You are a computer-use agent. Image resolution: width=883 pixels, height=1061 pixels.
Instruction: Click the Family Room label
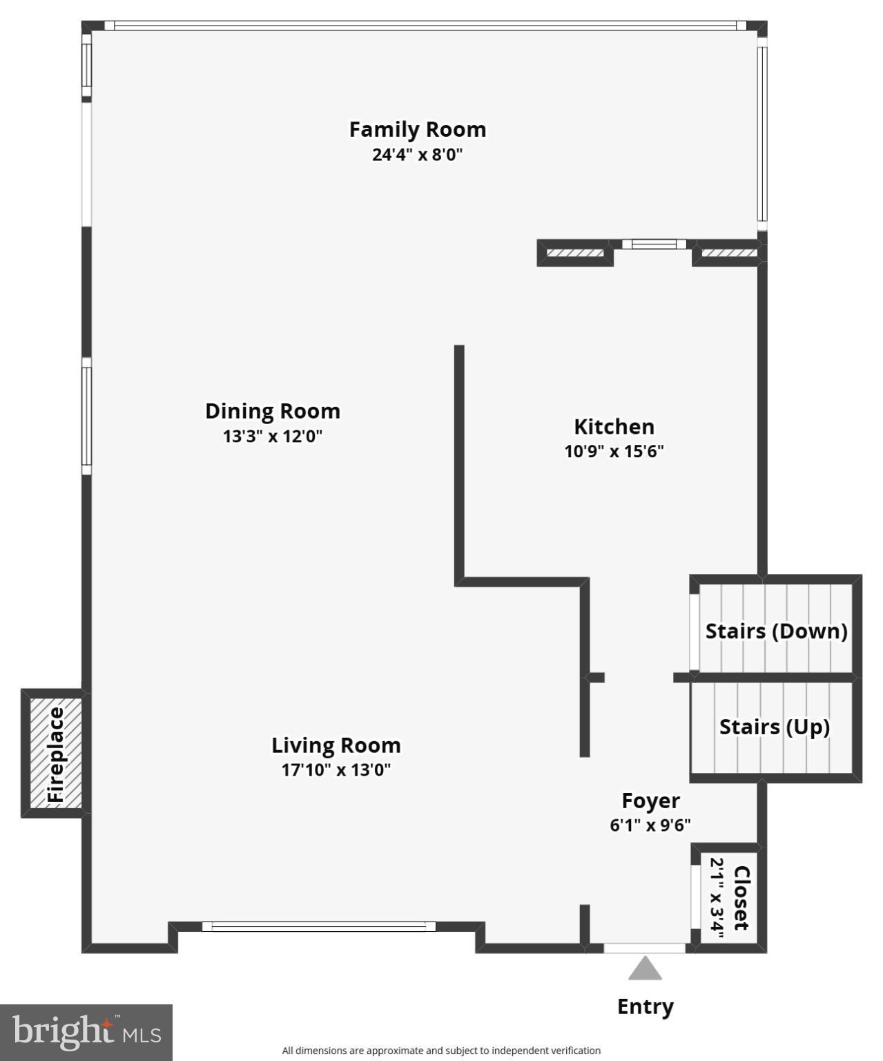point(417,129)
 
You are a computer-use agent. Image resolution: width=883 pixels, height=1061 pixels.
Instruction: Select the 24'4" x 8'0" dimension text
point(417,154)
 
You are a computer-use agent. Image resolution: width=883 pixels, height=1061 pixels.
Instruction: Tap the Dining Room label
point(273,411)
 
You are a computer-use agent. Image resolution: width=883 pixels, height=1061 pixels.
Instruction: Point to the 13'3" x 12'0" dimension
point(273,437)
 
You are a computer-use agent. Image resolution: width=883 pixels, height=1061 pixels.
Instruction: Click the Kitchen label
point(614,426)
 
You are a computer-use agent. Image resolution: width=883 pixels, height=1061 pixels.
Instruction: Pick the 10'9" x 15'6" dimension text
point(614,452)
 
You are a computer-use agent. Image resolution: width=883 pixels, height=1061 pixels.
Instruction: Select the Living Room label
point(336,745)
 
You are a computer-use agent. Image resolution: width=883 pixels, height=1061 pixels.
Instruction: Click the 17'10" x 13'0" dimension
point(336,770)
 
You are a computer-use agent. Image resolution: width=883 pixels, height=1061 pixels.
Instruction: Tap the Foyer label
point(650,801)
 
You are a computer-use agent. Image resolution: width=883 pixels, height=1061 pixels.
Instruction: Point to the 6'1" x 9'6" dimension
point(650,825)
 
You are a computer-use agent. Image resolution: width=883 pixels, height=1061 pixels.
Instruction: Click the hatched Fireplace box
point(55,754)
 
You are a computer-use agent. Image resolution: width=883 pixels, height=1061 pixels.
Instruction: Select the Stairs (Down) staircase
point(776,629)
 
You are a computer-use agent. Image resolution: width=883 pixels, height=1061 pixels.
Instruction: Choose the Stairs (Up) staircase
point(775,727)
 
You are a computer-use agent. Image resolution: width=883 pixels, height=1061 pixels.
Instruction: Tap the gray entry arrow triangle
point(645,968)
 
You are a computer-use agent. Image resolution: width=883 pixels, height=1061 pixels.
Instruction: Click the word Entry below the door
point(645,1006)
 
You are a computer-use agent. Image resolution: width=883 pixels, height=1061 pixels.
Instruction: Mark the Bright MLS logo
point(86,1033)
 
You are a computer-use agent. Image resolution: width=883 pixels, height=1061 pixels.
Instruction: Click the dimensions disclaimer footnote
point(441,1051)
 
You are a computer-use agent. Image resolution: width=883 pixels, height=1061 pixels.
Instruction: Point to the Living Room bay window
point(319,926)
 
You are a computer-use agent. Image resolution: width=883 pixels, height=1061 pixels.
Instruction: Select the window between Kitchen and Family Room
point(654,244)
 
